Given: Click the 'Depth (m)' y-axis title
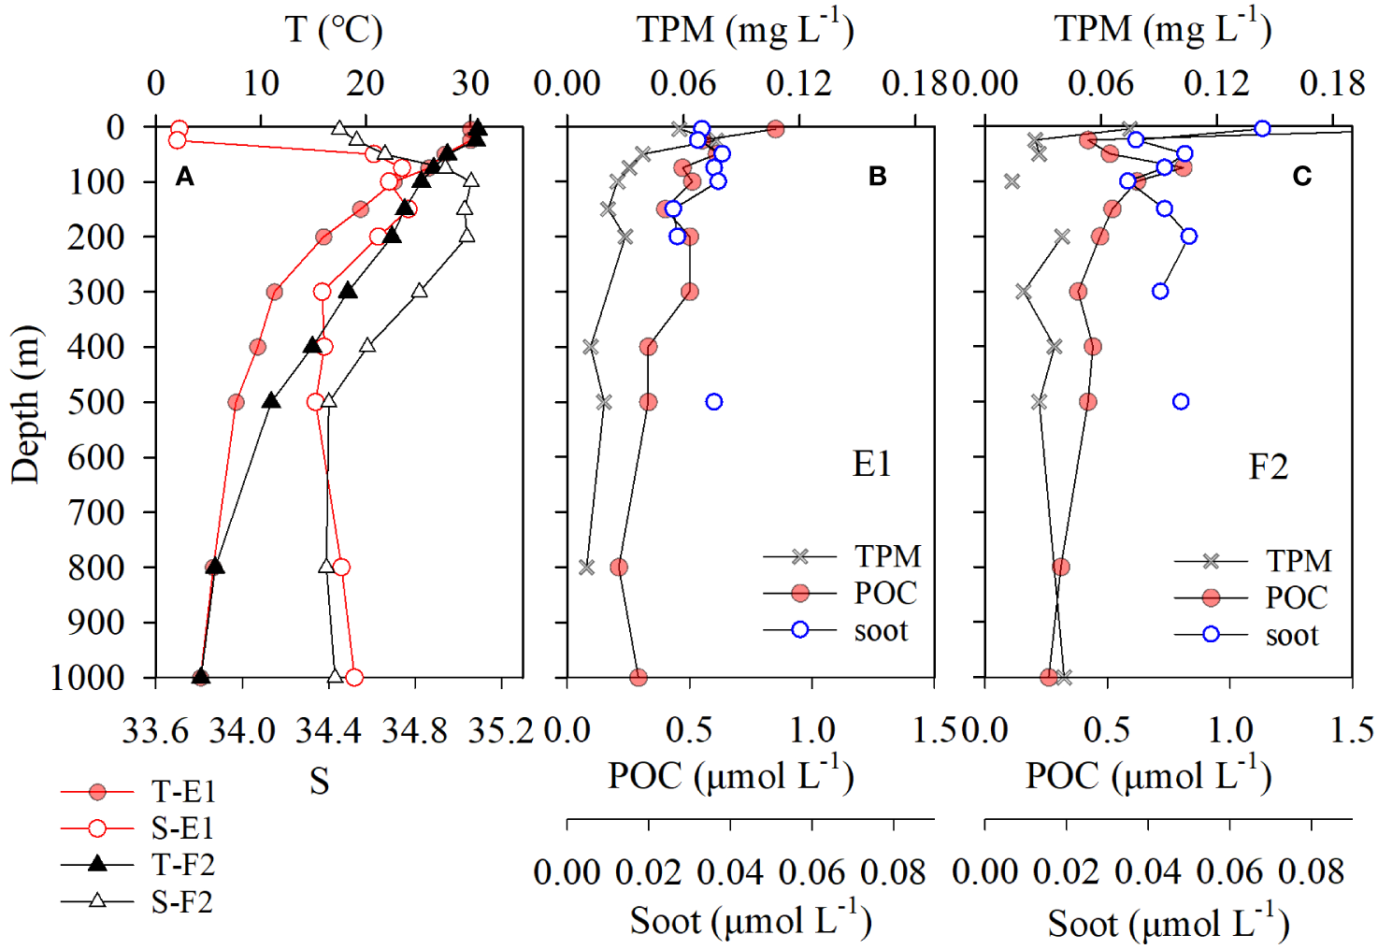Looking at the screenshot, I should (26, 404).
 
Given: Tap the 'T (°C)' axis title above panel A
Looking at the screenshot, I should (334, 30).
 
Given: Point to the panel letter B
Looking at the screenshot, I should (877, 176).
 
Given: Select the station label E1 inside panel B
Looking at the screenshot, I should (871, 464).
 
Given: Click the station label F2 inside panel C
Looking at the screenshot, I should (1268, 466).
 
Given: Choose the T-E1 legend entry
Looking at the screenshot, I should (183, 792).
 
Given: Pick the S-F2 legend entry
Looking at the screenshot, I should (182, 902).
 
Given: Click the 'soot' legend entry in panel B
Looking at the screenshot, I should (880, 630).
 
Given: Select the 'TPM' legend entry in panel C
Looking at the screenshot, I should (1298, 561).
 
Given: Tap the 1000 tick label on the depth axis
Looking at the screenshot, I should (86, 678).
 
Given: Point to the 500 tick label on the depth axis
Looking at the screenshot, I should (95, 403).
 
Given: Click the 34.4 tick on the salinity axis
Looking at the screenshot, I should (328, 730).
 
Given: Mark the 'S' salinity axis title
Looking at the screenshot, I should (319, 781).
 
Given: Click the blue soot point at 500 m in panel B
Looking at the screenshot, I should (714, 402).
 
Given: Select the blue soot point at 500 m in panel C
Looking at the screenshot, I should (1181, 402).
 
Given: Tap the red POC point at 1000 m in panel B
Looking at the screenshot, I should (639, 677).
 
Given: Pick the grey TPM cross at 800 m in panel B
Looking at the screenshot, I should (586, 567).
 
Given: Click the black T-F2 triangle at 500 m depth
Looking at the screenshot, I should (271, 401).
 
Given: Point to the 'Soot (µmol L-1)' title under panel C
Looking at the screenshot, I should (1168, 924).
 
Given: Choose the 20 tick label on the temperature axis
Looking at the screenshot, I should (366, 83).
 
